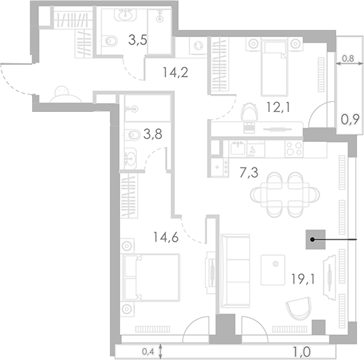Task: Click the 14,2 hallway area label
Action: [x=176, y=72]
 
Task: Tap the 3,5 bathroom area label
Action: [x=138, y=40]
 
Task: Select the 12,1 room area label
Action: [x=278, y=108]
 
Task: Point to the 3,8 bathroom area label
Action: [x=153, y=134]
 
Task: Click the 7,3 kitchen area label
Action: [x=248, y=173]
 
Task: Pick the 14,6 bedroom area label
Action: [x=166, y=237]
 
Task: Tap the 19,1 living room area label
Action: [x=303, y=279]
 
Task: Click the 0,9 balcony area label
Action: [x=350, y=120]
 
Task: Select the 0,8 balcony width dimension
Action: [x=348, y=58]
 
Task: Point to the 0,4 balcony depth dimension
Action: [x=148, y=351]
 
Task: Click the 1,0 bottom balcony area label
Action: [x=302, y=351]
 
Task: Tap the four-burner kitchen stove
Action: [x=294, y=149]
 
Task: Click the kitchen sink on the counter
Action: [x=238, y=148]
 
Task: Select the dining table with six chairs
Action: [x=285, y=195]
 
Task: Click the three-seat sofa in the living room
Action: [x=236, y=271]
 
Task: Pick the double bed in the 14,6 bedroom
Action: [x=151, y=277]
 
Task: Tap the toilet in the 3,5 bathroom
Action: [x=110, y=41]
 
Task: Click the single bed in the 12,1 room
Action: [x=275, y=67]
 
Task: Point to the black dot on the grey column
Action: [x=313, y=240]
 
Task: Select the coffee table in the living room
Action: [x=273, y=270]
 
